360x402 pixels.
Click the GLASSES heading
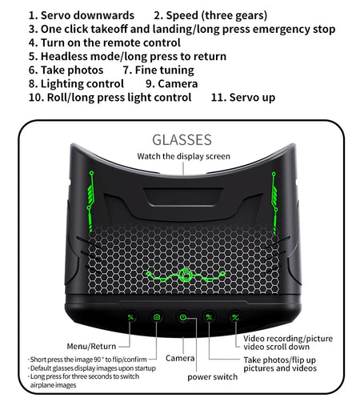coord(182,139)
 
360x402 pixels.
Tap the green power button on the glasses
coord(182,317)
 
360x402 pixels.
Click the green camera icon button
coord(157,317)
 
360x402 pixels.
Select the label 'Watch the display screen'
coord(183,156)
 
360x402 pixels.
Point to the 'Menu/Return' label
coord(91,346)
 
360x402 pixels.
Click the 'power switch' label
coord(212,377)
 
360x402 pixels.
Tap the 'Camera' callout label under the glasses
coord(180,358)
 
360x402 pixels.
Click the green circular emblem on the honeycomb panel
coord(185,275)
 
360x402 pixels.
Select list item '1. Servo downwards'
coord(82,15)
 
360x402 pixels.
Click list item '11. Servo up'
coord(243,98)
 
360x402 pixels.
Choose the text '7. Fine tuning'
coord(158,70)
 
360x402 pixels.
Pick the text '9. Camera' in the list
coord(172,84)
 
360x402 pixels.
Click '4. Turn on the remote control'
coord(105,42)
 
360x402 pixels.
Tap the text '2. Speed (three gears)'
coord(210,15)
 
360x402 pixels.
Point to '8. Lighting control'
coord(76,84)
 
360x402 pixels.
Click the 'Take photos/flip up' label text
coord(279,360)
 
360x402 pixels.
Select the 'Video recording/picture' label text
coord(288,339)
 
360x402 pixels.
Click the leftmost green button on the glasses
coord(130,317)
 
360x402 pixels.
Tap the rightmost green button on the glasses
coord(235,317)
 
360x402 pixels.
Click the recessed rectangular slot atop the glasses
coord(183,197)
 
